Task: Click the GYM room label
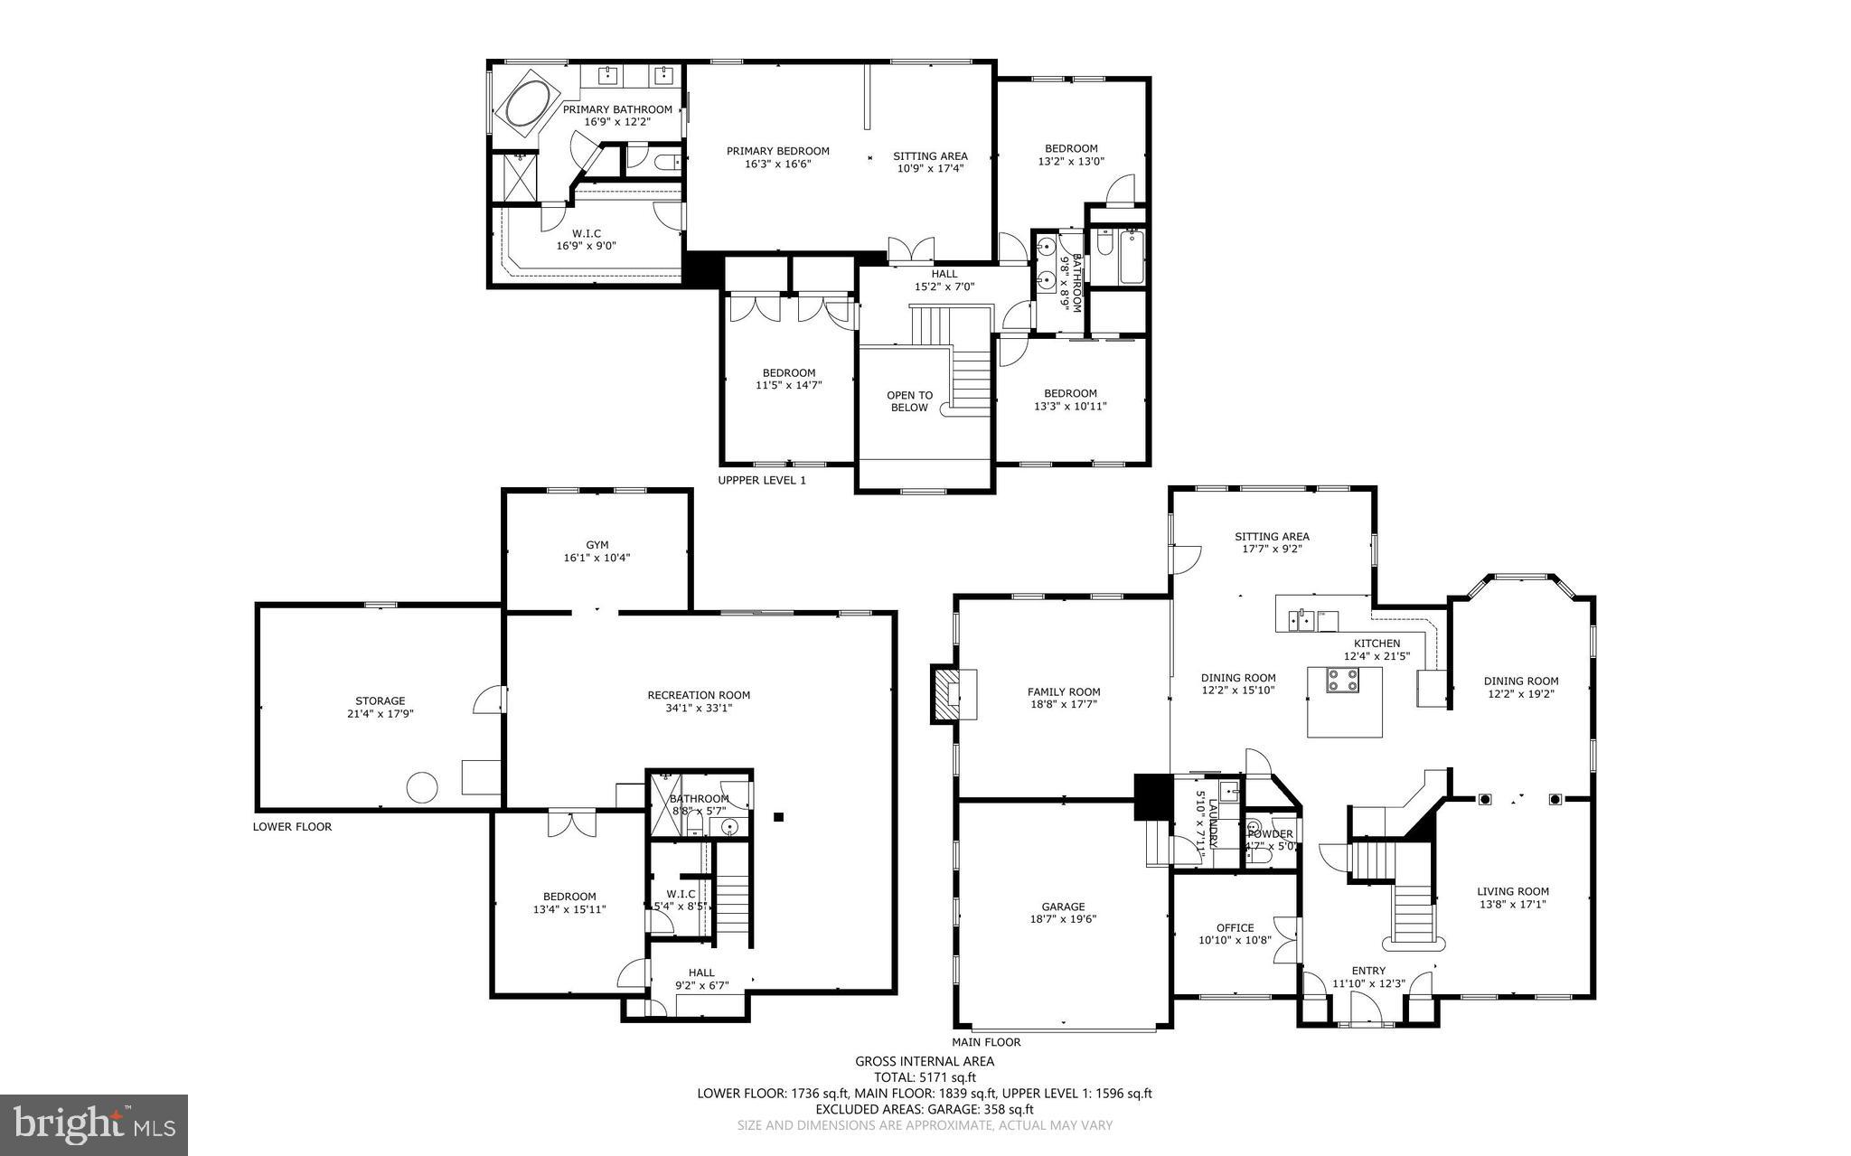coord(597,545)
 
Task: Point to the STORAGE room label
coord(380,700)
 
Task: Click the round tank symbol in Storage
coord(422,786)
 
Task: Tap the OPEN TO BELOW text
coord(909,401)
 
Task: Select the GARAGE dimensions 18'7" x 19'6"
coord(1063,919)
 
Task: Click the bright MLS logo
coord(94,1124)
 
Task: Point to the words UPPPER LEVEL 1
coord(761,480)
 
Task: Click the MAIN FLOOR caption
coord(986,1041)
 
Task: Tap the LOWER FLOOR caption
coord(292,826)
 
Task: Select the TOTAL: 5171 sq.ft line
coord(924,1077)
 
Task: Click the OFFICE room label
coord(1235,927)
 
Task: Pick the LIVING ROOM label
coord(1513,890)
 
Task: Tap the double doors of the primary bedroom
coord(910,250)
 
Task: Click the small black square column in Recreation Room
coord(778,817)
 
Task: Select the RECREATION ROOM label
coord(699,695)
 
